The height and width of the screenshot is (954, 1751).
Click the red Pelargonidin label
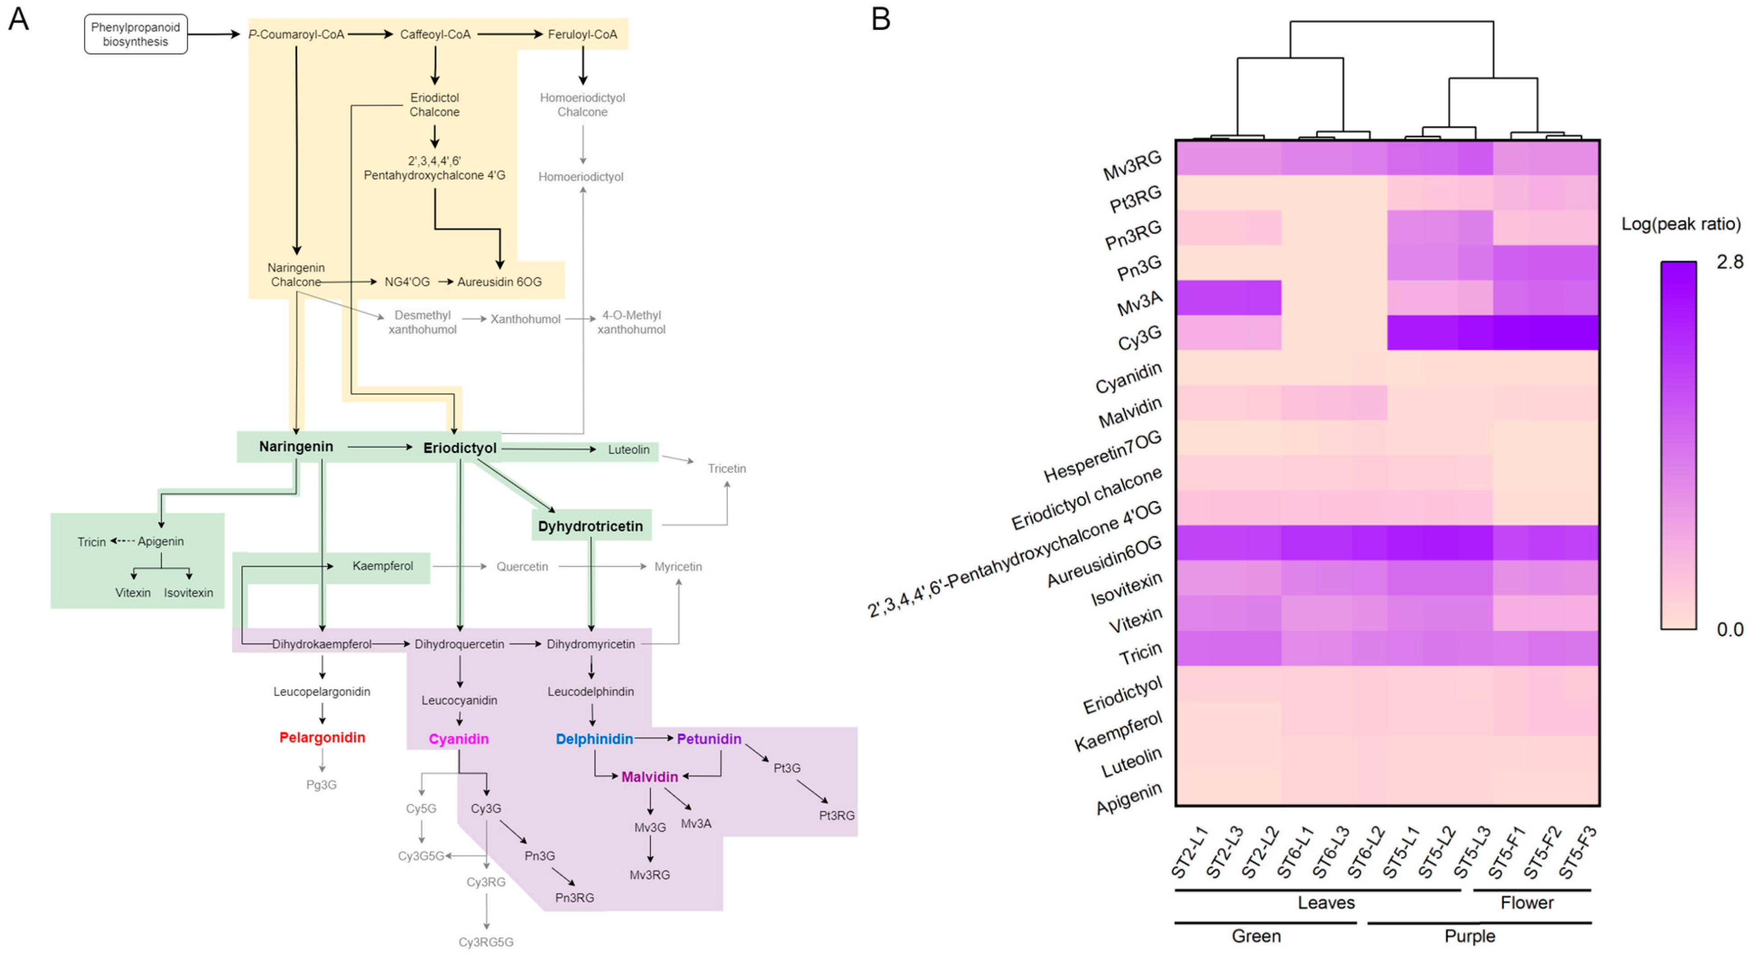322,737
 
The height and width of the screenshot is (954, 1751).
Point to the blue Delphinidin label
594,738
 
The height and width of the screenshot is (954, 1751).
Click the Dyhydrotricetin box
590,526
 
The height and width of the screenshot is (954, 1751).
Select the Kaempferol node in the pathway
382,566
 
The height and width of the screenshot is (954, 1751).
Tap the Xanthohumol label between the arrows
526,319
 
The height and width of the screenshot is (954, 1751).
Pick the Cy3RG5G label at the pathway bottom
485,942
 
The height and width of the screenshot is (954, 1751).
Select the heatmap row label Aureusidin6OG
1104,561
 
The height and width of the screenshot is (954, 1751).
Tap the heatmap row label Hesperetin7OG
1103,456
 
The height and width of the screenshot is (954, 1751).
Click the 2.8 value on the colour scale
1729,262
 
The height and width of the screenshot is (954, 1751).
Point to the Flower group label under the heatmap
1527,903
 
